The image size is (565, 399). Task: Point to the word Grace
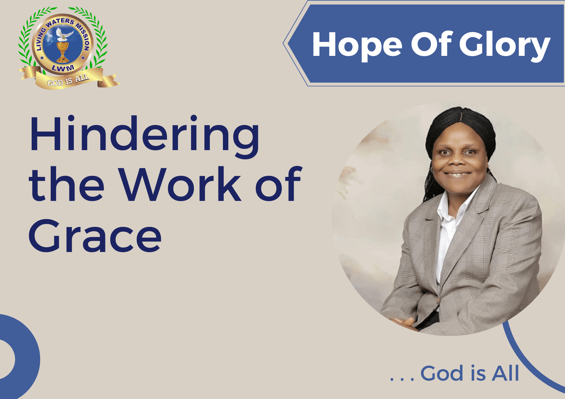pos(95,236)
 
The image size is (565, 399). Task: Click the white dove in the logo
pos(63,34)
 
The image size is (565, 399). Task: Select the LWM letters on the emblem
pos(63,68)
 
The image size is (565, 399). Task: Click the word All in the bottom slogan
pos(505,373)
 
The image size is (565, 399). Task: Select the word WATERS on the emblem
pos(60,23)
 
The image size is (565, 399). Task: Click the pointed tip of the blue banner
pos(283,43)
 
